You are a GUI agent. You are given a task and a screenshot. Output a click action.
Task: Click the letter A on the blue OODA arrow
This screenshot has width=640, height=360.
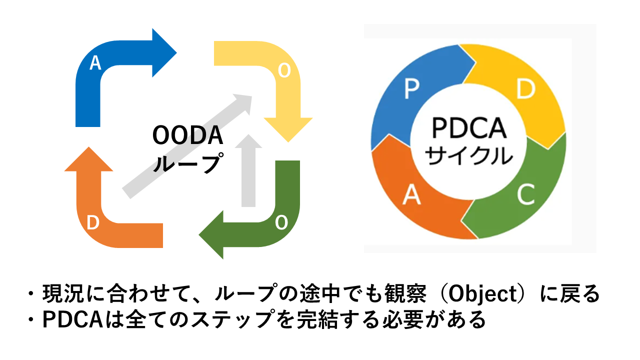coord(95,63)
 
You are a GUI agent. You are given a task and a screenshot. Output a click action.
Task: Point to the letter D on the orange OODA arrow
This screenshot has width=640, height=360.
coord(92,223)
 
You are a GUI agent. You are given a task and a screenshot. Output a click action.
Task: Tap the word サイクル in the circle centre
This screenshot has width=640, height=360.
coord(468,156)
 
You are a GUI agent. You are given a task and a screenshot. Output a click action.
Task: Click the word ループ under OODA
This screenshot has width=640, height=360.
coord(187,162)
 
